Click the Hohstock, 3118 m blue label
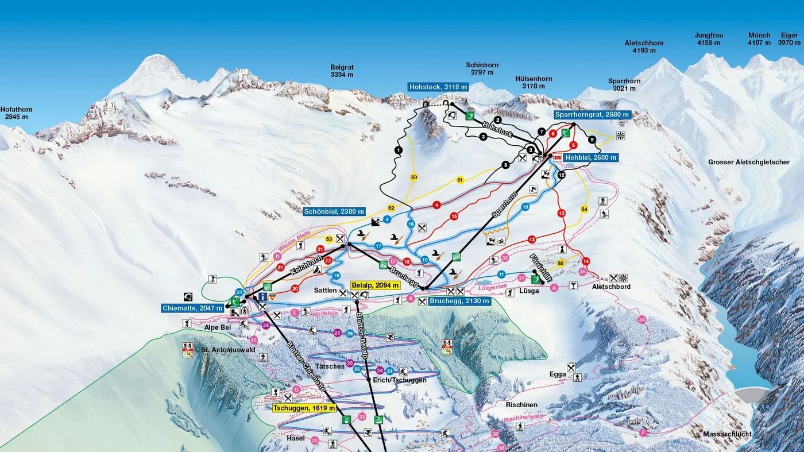pyautogui.click(x=438, y=87)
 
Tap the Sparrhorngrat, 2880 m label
pyautogui.click(x=592, y=115)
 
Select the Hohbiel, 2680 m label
pyautogui.click(x=590, y=157)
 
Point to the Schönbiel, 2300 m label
pyautogui.click(x=335, y=211)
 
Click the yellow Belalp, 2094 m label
pyautogui.click(x=375, y=285)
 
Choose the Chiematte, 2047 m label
pyautogui.click(x=192, y=308)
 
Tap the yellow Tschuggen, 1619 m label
pyautogui.click(x=304, y=408)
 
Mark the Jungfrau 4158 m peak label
pyautogui.click(x=708, y=39)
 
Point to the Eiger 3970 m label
pyautogui.click(x=788, y=39)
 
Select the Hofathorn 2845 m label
pyautogui.click(x=16, y=113)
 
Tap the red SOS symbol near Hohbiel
pyautogui.click(x=557, y=157)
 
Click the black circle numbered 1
pyautogui.click(x=399, y=150)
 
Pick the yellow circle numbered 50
pyautogui.click(x=413, y=177)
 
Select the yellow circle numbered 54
pyautogui.click(x=585, y=209)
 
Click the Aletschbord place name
pyautogui.click(x=610, y=287)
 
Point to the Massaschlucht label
pyautogui.click(x=726, y=434)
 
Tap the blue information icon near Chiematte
pyautogui.click(x=262, y=296)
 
